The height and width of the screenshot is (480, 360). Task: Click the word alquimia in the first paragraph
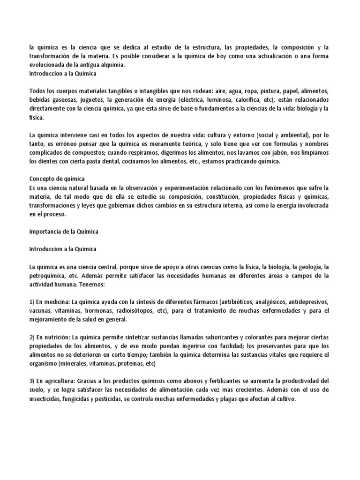coord(113,65)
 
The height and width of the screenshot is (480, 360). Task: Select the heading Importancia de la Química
coord(64,232)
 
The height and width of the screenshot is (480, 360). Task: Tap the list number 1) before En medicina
coord(32,301)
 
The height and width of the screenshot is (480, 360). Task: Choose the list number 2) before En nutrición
coord(32,337)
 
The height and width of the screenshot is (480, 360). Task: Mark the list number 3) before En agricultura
coord(32,380)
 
